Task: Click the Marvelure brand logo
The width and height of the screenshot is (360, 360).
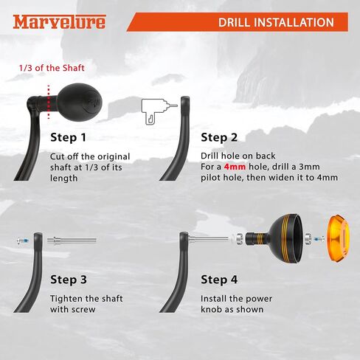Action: tap(59, 22)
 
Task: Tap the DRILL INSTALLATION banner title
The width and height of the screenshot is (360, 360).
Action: tap(276, 22)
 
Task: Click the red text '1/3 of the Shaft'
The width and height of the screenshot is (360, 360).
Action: tap(52, 68)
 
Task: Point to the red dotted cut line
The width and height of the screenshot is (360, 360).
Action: tap(49, 102)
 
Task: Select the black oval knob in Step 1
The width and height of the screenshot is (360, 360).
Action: tap(80, 102)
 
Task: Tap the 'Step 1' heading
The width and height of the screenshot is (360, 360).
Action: tap(68, 137)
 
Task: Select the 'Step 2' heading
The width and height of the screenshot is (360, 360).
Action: tap(219, 137)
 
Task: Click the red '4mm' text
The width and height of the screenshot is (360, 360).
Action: tap(235, 167)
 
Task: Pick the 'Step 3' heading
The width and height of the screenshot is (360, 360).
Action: tap(69, 280)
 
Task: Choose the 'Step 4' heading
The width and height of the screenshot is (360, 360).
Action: tap(219, 280)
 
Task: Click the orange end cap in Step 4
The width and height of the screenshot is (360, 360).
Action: tap(338, 238)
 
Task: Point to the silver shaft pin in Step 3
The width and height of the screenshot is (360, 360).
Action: tap(72, 240)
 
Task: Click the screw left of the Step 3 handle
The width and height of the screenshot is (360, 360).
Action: tap(24, 240)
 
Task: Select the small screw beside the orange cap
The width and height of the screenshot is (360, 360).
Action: tap(319, 238)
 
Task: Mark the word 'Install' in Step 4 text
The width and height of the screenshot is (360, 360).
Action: tap(213, 299)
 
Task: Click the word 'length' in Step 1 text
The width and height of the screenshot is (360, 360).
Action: tap(63, 179)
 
